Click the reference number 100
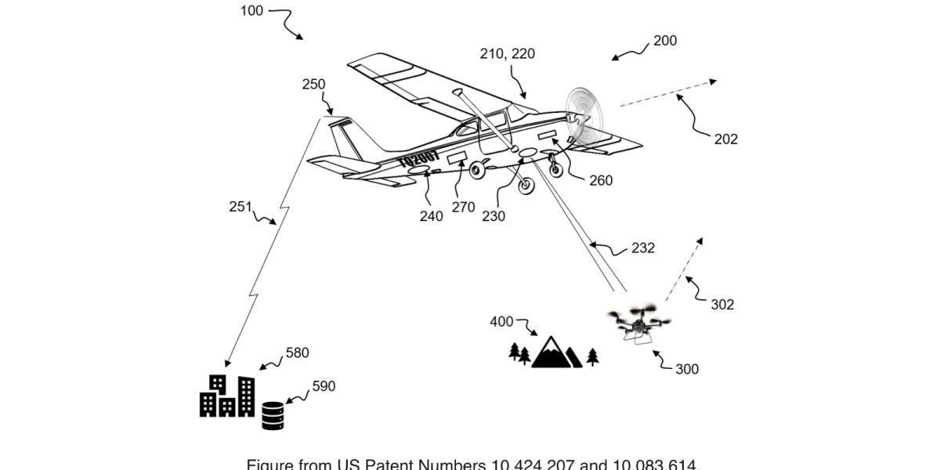[252, 12]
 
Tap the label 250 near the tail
[313, 85]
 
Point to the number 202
[726, 139]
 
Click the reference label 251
[240, 207]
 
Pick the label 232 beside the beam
[642, 248]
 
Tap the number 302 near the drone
[721, 304]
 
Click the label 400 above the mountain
[502, 321]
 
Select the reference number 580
[297, 352]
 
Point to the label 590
[324, 386]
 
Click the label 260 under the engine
[601, 180]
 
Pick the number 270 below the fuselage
[464, 207]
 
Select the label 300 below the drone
[687, 369]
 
